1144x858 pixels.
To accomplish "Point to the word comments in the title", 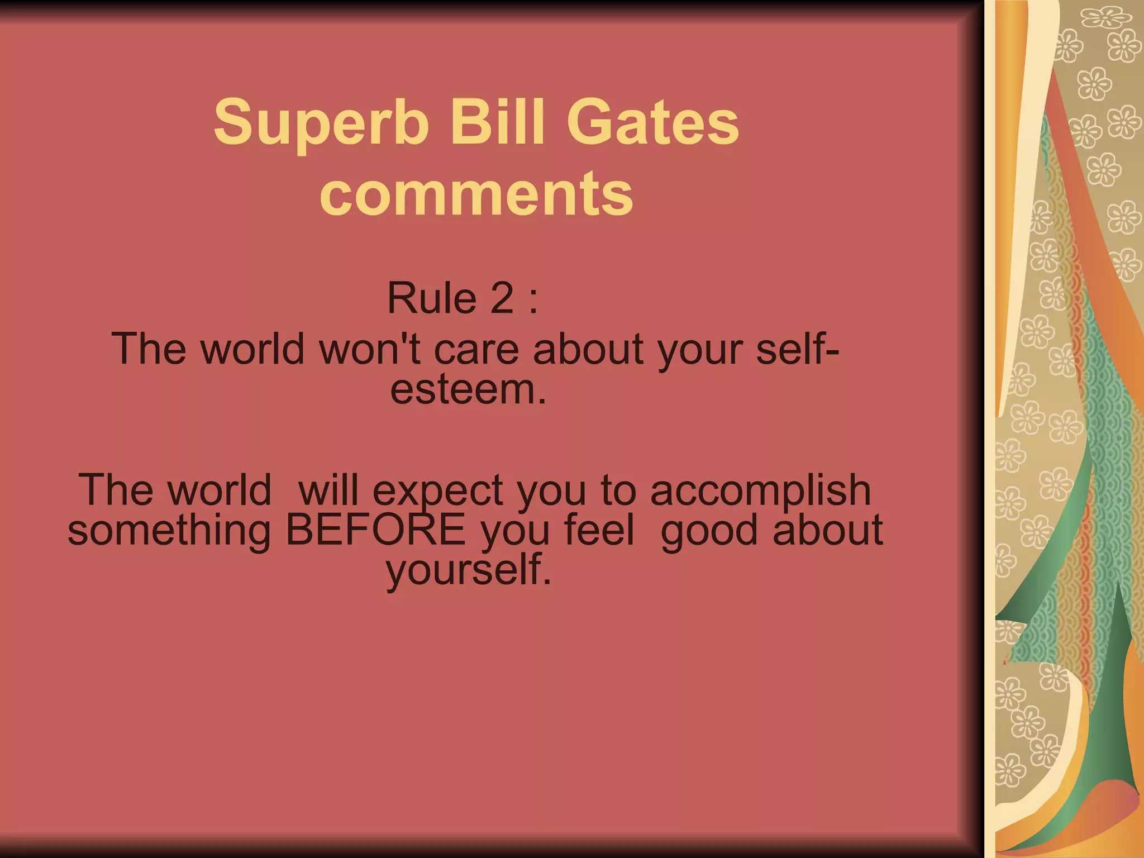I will click(476, 193).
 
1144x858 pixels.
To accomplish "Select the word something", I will click(169, 531).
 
